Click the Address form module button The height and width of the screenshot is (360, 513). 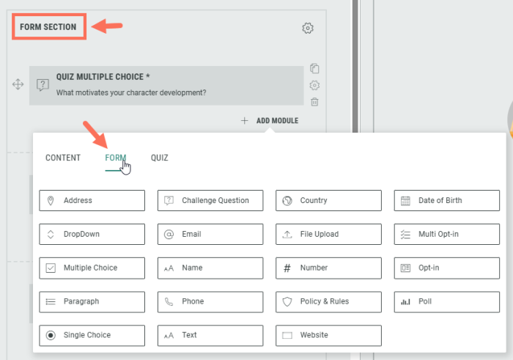pyautogui.click(x=92, y=200)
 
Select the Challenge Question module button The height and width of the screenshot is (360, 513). pyautogui.click(x=210, y=200)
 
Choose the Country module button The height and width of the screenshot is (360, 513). pyautogui.click(x=328, y=200)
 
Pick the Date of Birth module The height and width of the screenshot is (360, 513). pyautogui.click(x=447, y=200)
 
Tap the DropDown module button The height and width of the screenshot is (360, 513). pyautogui.click(x=92, y=234)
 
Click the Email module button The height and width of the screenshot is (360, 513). pyautogui.click(x=210, y=234)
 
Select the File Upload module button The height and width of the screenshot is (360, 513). pyautogui.click(x=328, y=234)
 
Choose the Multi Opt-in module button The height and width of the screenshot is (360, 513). pyautogui.click(x=447, y=234)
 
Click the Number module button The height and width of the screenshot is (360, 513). pyautogui.click(x=328, y=268)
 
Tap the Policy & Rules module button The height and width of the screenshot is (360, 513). pyautogui.click(x=328, y=302)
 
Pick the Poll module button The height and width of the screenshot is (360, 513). pyautogui.click(x=447, y=302)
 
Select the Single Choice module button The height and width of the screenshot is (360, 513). pyautogui.click(x=92, y=336)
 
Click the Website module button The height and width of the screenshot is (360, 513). pyautogui.click(x=328, y=336)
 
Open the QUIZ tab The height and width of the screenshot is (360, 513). pyautogui.click(x=159, y=158)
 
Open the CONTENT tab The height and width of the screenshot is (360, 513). pyautogui.click(x=63, y=158)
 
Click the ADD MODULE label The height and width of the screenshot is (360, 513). pyautogui.click(x=277, y=121)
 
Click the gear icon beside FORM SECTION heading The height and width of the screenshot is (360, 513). pyautogui.click(x=308, y=28)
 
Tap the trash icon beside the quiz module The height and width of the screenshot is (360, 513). pyautogui.click(x=314, y=102)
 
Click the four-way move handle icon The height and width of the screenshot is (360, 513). pyautogui.click(x=18, y=84)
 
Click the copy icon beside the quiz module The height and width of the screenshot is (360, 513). pyautogui.click(x=314, y=68)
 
